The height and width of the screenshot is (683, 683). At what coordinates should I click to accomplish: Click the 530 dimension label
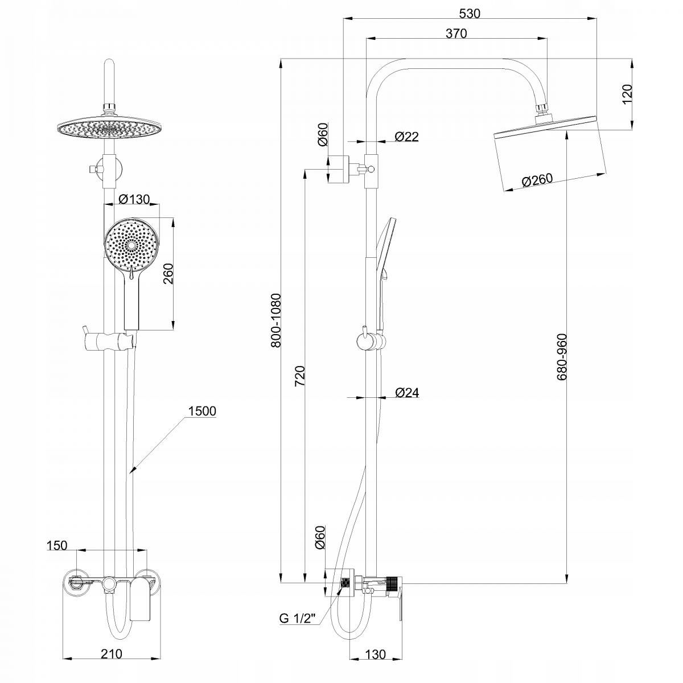(x=469, y=13)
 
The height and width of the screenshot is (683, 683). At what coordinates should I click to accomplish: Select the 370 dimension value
(x=456, y=34)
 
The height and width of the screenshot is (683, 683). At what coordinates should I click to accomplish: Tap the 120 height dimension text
(x=627, y=94)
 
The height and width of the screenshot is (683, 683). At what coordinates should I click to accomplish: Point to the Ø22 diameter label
(x=406, y=137)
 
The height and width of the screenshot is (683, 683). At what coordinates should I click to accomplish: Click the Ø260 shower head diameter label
(x=537, y=180)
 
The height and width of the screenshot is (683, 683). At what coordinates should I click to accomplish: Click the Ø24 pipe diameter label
(x=406, y=393)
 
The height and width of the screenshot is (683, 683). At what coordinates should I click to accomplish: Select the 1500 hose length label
(x=201, y=411)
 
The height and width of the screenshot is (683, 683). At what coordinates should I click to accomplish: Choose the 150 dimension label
(x=56, y=545)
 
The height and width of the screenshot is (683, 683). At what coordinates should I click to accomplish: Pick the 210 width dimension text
(x=112, y=655)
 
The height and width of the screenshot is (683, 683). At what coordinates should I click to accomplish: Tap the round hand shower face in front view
(x=131, y=245)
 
